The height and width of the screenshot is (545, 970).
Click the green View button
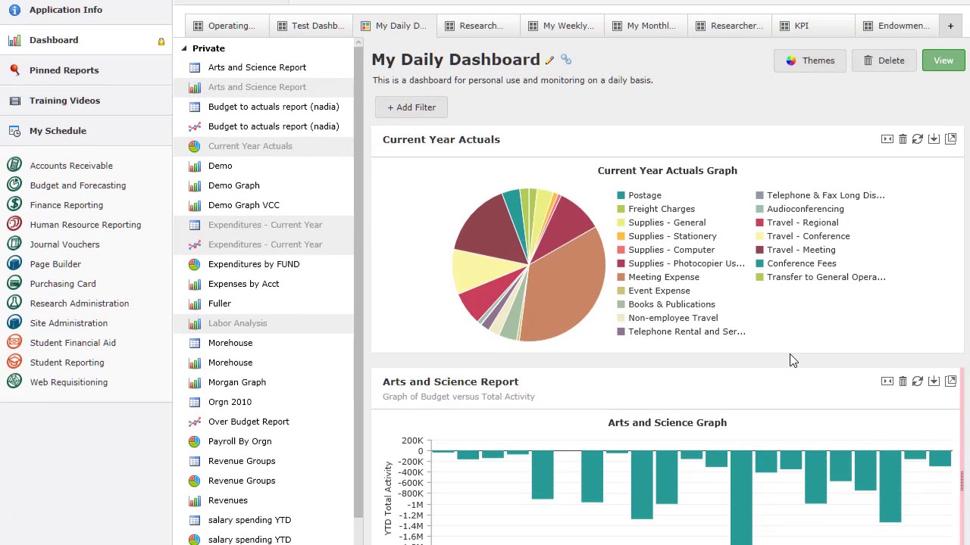[x=943, y=61]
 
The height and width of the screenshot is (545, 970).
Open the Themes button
[x=809, y=61]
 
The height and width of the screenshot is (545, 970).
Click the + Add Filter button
[x=411, y=107]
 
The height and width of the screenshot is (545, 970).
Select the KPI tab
[x=801, y=26]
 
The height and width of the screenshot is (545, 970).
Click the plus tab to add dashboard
[x=950, y=26]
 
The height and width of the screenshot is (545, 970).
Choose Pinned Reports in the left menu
[x=64, y=70]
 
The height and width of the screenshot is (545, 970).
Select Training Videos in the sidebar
[x=64, y=101]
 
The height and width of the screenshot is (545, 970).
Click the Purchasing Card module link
[x=62, y=284]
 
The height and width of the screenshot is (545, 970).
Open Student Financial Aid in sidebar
[x=73, y=343]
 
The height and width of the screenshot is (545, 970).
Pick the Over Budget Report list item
[x=248, y=422]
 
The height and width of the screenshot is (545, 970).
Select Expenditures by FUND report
[x=253, y=264]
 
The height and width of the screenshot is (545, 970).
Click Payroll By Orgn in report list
[x=239, y=441]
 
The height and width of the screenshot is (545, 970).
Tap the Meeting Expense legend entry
[x=663, y=277]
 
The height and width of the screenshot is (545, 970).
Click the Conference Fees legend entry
[x=801, y=263]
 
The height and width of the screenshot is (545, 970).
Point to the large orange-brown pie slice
[x=565, y=288]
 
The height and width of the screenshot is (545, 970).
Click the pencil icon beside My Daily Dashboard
[x=549, y=60]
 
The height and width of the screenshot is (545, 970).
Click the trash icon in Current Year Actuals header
[x=903, y=139]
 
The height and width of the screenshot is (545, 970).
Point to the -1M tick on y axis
[x=415, y=505]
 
